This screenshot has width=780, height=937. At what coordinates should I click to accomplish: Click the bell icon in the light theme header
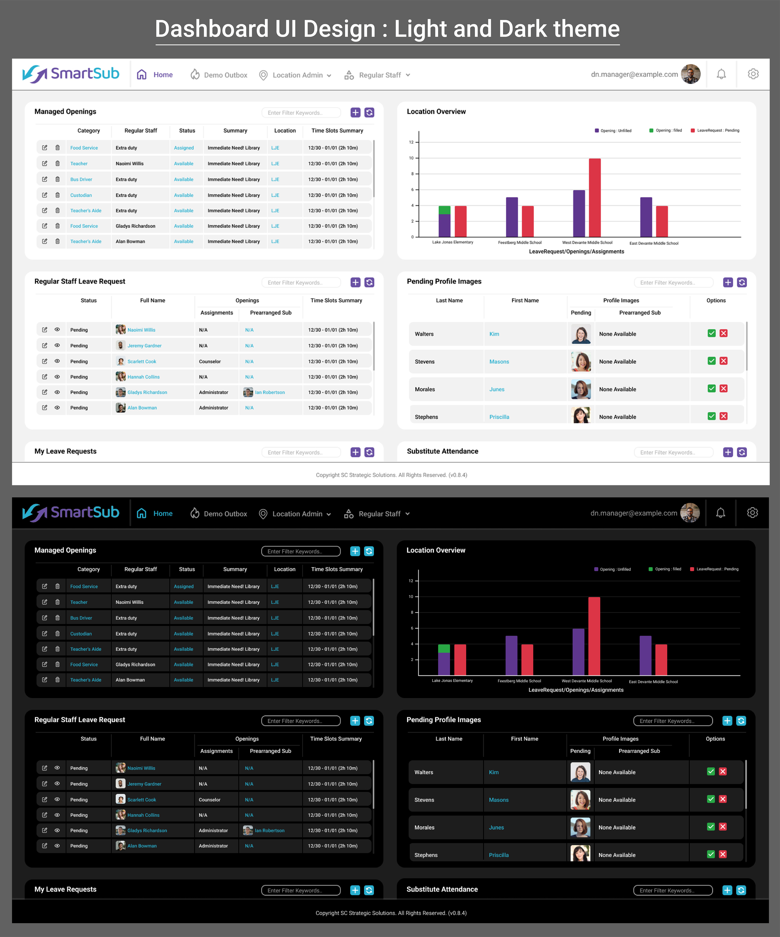(721, 74)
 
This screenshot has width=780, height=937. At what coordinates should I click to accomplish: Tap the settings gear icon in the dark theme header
(752, 513)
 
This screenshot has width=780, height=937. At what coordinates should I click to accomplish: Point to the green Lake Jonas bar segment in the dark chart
(444, 648)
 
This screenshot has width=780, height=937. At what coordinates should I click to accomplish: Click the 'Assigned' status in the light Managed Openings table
(184, 148)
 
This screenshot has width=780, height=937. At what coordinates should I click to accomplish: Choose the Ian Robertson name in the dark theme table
(269, 830)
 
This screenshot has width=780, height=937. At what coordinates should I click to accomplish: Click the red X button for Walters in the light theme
(723, 333)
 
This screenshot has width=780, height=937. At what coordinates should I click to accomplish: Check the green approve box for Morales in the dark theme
(711, 827)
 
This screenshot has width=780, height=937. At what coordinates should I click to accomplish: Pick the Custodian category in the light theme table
(81, 195)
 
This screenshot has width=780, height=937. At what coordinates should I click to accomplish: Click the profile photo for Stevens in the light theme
(581, 361)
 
